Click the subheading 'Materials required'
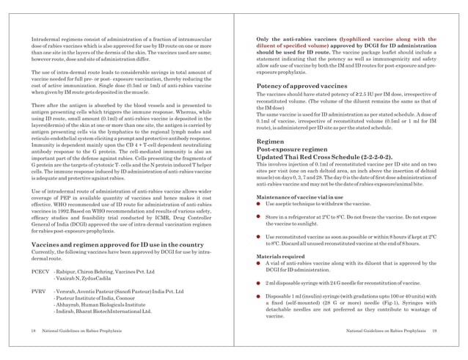tap(277, 256)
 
